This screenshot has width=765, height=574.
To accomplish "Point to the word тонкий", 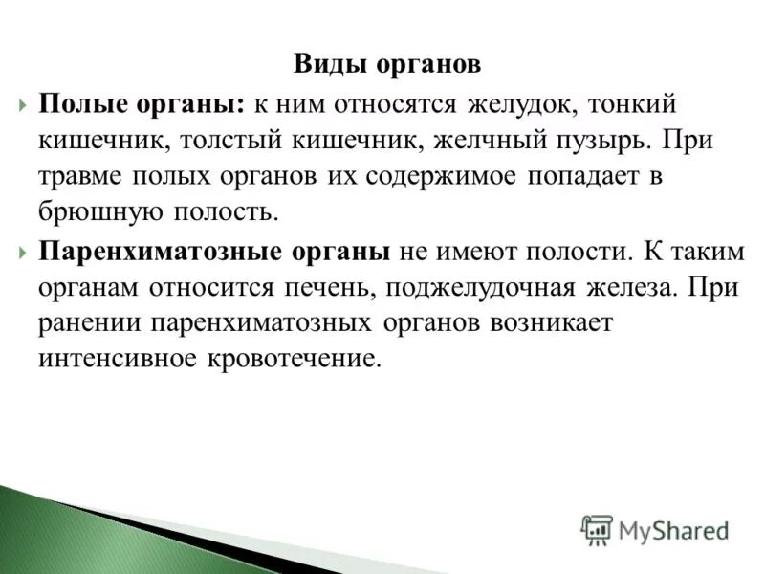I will pyautogui.click(x=654, y=102).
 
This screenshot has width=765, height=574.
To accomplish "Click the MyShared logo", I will pyautogui.click(x=656, y=529).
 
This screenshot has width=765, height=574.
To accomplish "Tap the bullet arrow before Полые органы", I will pyautogui.click(x=23, y=103).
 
